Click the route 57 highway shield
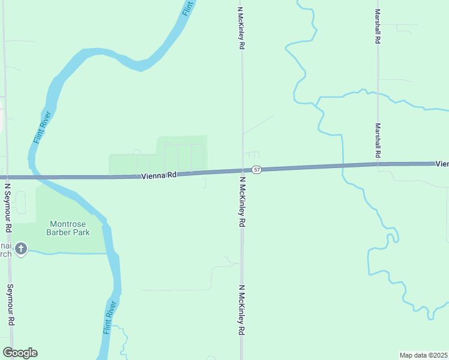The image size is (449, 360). (x=256, y=170)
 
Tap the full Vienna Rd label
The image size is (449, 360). (x=159, y=175)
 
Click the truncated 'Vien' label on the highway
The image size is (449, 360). (x=442, y=163)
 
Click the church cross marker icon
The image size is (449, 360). (x=21, y=248)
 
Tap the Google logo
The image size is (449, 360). (x=20, y=353)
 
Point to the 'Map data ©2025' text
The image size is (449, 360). (x=423, y=355)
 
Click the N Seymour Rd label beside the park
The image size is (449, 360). (x=8, y=208)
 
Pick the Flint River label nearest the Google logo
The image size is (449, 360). (x=109, y=318)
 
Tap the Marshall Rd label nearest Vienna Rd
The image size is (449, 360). (x=378, y=141)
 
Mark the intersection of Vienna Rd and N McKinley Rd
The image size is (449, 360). (x=243, y=171)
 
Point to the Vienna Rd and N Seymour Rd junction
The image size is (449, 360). (x=7, y=178)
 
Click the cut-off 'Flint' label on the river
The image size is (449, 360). (x=188, y=7)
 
